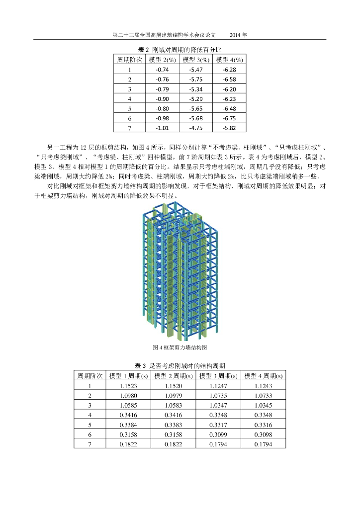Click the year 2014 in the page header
238,35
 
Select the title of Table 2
180,50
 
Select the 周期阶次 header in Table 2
129,60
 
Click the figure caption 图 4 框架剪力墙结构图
180,347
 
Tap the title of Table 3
180,366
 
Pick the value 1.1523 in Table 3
128,385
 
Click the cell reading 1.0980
128,395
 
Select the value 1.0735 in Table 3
218,395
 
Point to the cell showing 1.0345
263,405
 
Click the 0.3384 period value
128,424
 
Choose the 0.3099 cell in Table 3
218,434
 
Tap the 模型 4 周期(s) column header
263,375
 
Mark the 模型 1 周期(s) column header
128,375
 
